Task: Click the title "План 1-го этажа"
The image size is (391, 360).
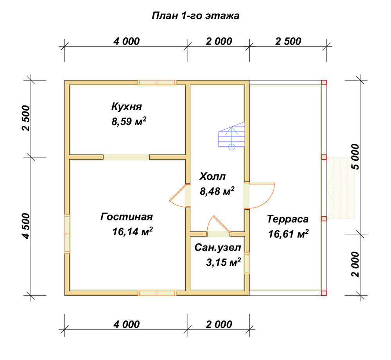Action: (195, 16)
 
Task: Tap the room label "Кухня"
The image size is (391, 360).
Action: (126, 106)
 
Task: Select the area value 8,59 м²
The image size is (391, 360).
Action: (129, 122)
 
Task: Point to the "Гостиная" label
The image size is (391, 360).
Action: (126, 217)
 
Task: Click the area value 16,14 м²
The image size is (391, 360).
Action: (133, 232)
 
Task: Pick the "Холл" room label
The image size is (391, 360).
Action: (212, 177)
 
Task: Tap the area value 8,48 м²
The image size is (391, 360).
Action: (217, 191)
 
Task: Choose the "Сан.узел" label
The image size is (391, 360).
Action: (218, 247)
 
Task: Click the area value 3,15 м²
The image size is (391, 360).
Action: (223, 262)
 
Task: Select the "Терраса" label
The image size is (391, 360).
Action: (288, 219)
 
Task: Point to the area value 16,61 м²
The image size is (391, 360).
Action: (288, 234)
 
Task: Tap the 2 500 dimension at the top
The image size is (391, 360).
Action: (288, 41)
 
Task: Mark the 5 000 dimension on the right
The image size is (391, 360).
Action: (356, 157)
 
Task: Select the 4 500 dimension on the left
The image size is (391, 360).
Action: (26, 226)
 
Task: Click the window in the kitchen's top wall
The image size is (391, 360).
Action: (157, 82)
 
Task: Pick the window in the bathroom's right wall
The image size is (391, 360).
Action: (247, 263)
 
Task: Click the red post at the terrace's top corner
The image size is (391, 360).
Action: (324, 82)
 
